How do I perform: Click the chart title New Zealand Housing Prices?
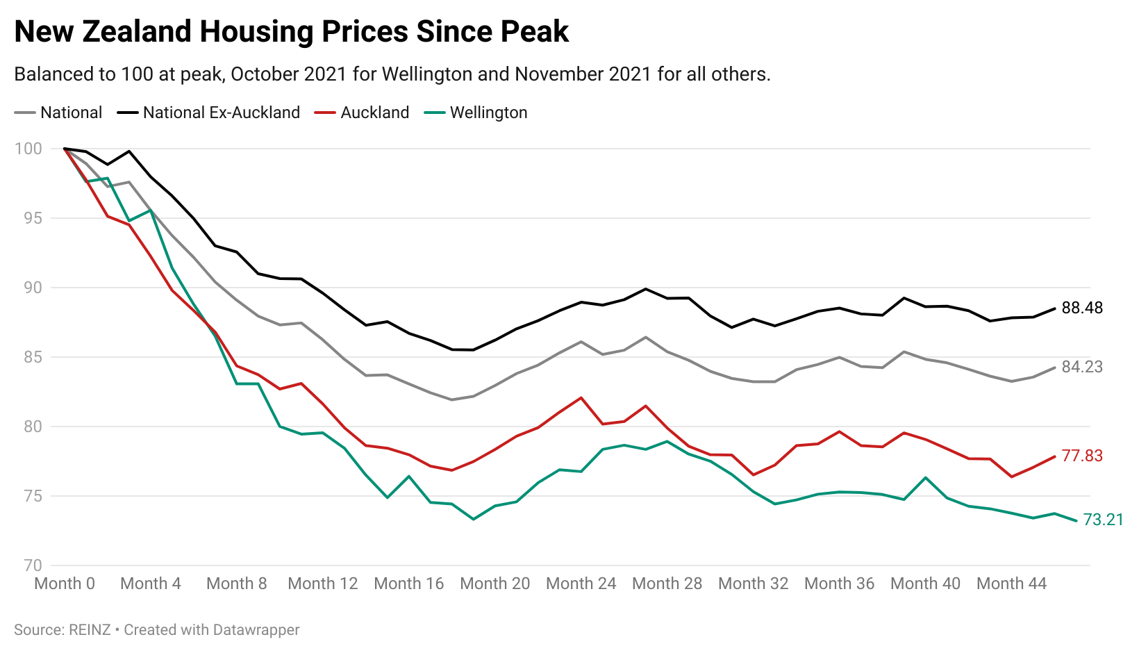click(291, 32)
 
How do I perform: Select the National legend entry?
click(71, 113)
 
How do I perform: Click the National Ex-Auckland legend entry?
click(221, 113)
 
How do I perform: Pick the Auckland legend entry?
click(374, 113)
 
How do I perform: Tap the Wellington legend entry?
click(488, 113)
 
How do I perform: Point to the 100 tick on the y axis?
click(28, 149)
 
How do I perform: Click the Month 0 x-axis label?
click(65, 584)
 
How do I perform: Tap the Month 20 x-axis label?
click(494, 584)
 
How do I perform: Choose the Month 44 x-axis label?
click(1011, 584)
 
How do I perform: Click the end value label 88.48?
click(1082, 308)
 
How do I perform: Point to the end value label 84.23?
click(1082, 367)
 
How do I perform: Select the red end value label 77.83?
click(1082, 456)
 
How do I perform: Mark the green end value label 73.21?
click(1103, 520)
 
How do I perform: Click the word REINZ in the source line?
click(90, 630)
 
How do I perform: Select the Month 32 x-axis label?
click(753, 584)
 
